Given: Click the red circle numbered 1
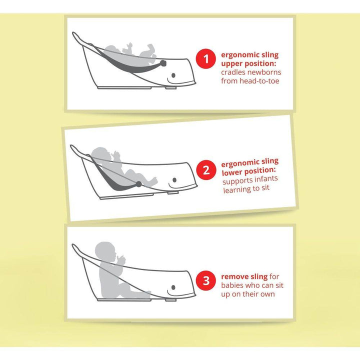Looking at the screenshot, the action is coord(206,58).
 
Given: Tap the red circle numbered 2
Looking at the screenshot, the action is coord(206,170).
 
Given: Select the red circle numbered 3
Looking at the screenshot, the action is coord(206,280).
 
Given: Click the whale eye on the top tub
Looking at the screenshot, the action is coord(173,75).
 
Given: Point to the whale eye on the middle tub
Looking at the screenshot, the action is coord(174,180).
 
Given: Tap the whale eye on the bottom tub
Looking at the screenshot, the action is coord(173,287).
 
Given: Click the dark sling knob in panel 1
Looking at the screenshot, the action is coord(163,63).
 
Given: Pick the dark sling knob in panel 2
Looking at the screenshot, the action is coord(138,184).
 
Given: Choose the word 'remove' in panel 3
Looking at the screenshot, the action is coord(232,276).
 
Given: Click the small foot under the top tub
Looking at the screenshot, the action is coord(171,87).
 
